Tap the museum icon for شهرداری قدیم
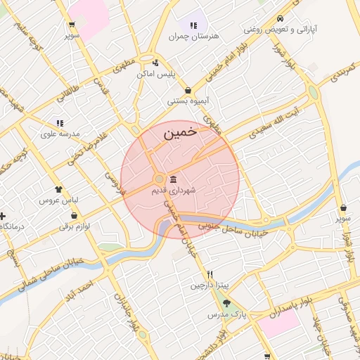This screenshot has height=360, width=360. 173,179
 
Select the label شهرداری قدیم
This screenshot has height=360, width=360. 173,190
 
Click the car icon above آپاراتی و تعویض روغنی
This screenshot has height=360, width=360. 281,18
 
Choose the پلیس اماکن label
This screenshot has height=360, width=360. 175,73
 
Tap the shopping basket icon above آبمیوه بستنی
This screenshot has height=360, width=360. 188,90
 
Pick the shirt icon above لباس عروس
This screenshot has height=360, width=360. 59,188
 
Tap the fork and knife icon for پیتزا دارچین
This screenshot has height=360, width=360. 210,274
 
